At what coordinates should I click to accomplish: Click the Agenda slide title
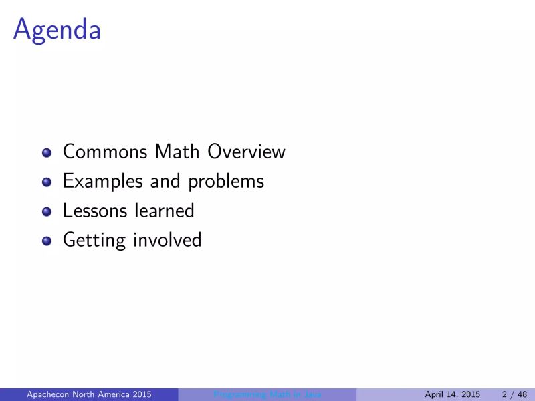coord(57,29)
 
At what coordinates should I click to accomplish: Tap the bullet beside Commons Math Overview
coord(46,153)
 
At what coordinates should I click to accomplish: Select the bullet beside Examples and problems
coord(46,182)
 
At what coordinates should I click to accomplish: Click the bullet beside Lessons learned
coord(46,212)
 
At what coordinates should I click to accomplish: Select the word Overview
coord(246,152)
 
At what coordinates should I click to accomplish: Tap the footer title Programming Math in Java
coord(267,395)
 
